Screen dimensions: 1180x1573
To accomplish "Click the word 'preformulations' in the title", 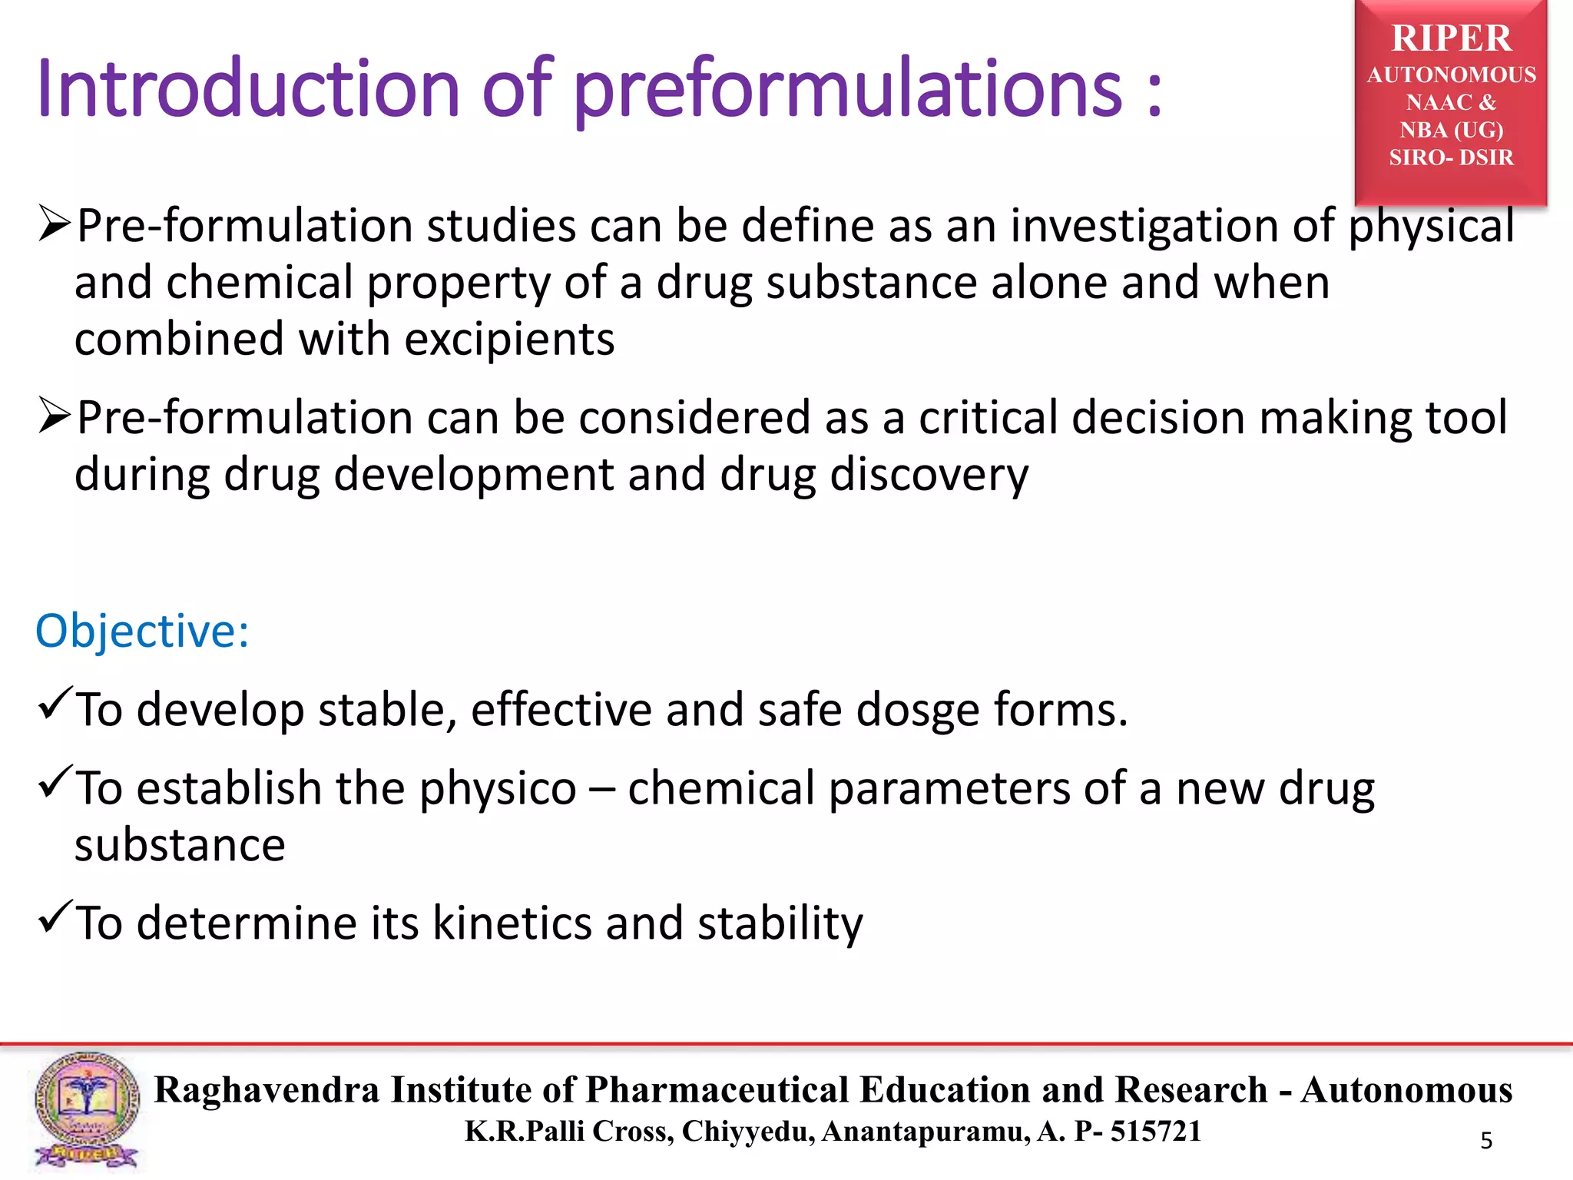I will tap(848, 91).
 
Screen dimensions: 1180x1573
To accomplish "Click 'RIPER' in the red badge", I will tap(1451, 38).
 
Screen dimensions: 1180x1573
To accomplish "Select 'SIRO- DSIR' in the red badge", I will tap(1451, 157).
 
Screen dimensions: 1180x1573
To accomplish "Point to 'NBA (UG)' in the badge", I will tap(1451, 130).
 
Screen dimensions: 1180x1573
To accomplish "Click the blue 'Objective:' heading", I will tap(142, 631).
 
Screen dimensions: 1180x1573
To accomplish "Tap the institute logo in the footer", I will tap(86, 1110).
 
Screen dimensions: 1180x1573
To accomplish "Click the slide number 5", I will tap(1486, 1141).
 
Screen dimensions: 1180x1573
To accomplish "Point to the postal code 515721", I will tap(1155, 1132).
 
